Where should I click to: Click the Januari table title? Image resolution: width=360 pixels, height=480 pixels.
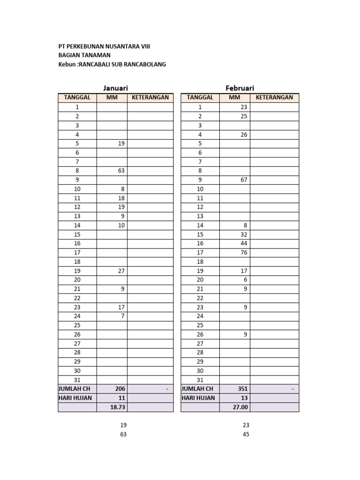coord(116,88)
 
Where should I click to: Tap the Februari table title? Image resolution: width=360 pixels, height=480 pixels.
coord(240,88)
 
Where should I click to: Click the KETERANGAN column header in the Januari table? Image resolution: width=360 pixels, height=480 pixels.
coord(150,97)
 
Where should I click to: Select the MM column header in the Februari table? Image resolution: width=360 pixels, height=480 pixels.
coord(234,97)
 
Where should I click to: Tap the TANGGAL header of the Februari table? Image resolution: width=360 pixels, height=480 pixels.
coord(200,97)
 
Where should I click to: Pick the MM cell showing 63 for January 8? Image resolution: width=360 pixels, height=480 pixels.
coord(121,171)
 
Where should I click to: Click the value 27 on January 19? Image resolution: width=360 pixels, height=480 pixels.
coord(121,270)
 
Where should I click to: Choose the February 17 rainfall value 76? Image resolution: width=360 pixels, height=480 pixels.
coord(243,253)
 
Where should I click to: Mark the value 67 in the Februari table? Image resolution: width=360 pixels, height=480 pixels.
coord(243,180)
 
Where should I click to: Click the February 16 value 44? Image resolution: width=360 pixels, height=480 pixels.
coord(243,243)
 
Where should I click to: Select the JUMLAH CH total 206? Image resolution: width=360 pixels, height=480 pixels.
coord(120,389)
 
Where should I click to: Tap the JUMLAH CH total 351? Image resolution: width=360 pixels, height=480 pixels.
coord(242,389)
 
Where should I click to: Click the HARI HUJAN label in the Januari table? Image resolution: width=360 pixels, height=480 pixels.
coord(75,398)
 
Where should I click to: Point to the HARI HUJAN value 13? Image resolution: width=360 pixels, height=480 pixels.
coord(243,398)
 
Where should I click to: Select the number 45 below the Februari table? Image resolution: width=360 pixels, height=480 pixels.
coord(246,434)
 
